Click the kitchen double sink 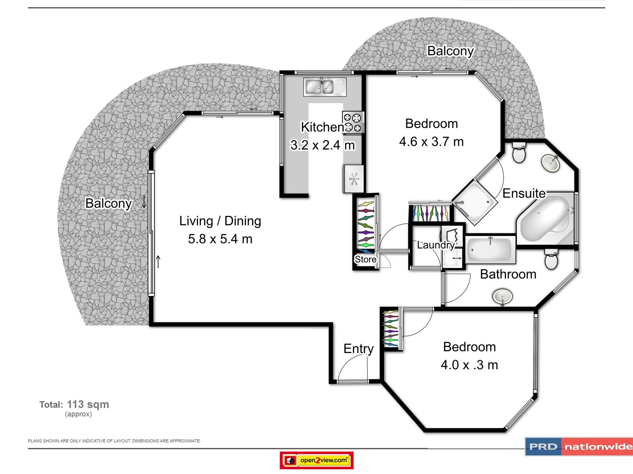click(325, 87)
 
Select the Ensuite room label click(524, 193)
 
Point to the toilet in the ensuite click(519, 152)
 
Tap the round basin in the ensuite click(551, 163)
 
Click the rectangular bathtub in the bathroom click(491, 249)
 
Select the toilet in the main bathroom click(551, 259)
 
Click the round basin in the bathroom click(503, 296)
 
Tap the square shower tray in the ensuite click(475, 202)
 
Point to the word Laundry click(436, 245)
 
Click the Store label click(366, 259)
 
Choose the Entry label click(358, 349)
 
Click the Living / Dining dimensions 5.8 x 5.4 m click(220, 239)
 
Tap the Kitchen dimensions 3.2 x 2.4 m click(322, 145)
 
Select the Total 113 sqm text click(74, 404)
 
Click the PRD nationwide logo click(579, 446)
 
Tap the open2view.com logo click(316, 460)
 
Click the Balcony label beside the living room click(108, 203)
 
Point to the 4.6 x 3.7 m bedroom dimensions click(431, 142)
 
